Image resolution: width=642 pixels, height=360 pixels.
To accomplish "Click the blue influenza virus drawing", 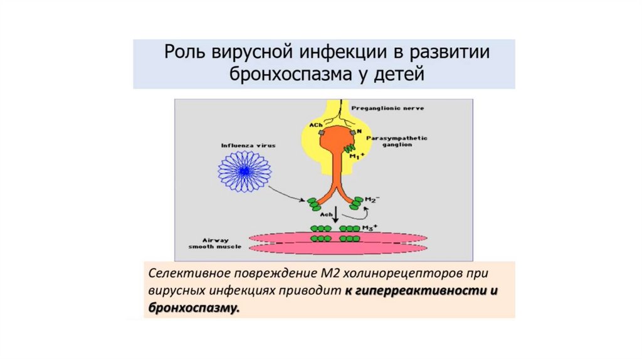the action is click(x=245, y=167).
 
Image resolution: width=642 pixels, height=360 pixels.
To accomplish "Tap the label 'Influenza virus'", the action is click(x=248, y=145).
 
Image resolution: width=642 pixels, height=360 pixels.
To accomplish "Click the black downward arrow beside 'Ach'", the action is click(x=335, y=214).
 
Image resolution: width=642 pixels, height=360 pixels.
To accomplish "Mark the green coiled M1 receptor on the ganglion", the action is click(x=349, y=146).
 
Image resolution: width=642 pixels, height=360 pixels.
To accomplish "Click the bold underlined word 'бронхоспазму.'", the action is click(x=194, y=308).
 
